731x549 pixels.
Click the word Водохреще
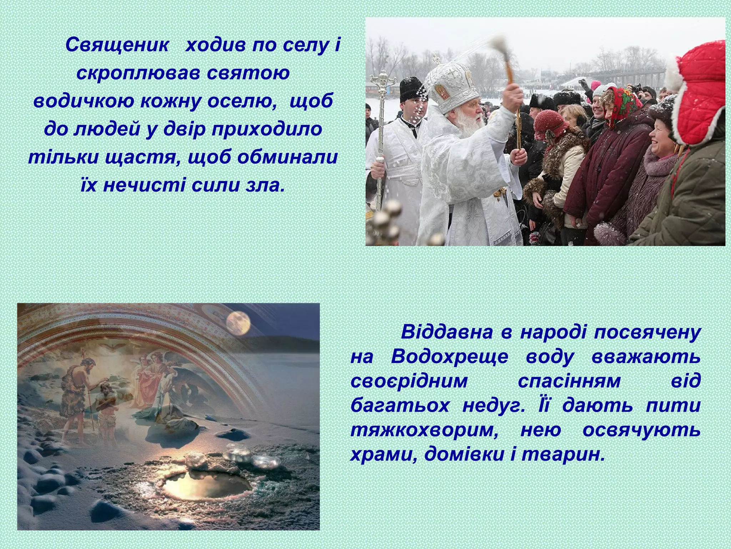449,357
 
